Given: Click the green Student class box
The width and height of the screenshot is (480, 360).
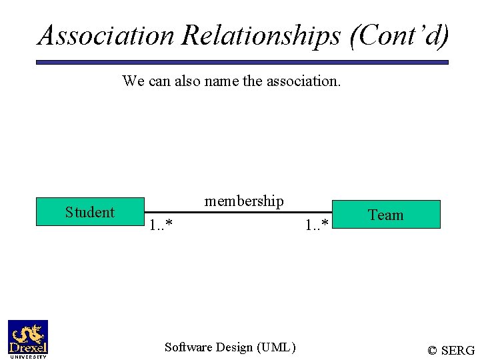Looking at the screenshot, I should [90, 213].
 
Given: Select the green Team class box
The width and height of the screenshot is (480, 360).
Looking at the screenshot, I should [386, 215].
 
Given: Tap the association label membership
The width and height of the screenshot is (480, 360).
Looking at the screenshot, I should [244, 201].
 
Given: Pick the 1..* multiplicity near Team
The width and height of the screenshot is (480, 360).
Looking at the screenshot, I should [317, 225].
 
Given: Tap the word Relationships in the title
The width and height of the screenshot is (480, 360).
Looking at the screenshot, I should [261, 35].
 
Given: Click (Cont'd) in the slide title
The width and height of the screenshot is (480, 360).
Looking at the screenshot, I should [399, 35].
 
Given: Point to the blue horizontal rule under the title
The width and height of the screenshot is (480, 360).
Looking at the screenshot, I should [241, 62].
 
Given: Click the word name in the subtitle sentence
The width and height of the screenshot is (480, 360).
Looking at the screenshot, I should [220, 81].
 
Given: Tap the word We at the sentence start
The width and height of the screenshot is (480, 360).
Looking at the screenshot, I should [132, 81].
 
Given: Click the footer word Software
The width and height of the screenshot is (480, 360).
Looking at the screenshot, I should [189, 347].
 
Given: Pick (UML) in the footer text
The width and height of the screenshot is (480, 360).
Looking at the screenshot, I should [275, 347].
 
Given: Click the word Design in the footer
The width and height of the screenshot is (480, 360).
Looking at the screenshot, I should [234, 347].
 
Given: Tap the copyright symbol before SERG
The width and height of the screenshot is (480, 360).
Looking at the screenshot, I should [433, 351].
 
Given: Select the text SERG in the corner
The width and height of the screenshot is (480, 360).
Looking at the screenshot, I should [458, 351].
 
